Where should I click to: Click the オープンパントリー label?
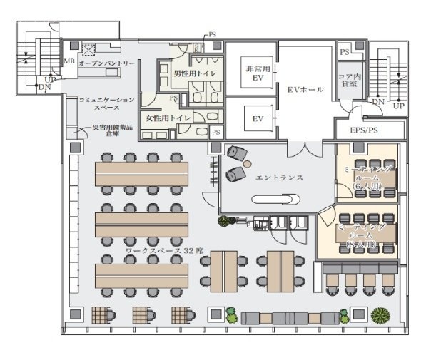tap(106, 64)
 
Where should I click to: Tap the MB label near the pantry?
tap(69, 62)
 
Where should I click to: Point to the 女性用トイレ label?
tap(168, 117)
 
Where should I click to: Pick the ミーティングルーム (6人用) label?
tap(366, 177)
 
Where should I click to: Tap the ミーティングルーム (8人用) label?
tap(362, 235)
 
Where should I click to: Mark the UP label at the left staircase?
tap(49, 79)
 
